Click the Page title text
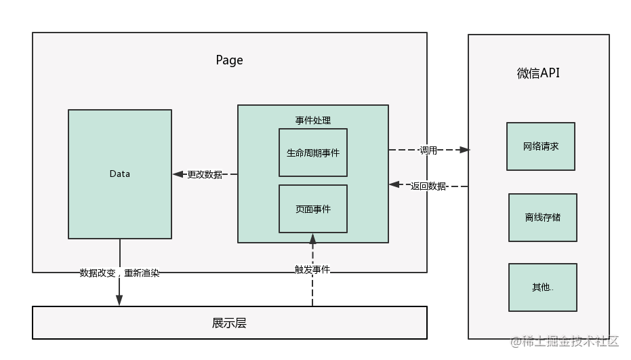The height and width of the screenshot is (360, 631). point(229,60)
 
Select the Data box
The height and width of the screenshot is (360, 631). point(120,174)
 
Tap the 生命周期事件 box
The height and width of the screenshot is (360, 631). point(313,153)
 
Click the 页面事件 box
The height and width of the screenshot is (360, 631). point(313,209)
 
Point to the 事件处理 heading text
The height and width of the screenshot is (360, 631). point(313,121)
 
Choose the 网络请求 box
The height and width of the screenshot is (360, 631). point(541,146)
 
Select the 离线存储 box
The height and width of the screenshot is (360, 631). point(543,218)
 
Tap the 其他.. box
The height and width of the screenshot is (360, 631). point(543,287)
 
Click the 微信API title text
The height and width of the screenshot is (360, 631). point(538,73)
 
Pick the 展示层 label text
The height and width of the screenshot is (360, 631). point(229,323)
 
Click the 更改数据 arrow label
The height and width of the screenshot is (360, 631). point(205,174)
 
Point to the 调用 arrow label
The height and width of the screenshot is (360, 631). point(428,151)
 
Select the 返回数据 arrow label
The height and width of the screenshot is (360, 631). point(428,186)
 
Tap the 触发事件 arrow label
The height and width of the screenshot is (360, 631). point(312,269)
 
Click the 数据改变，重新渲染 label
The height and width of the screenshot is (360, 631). point(119,273)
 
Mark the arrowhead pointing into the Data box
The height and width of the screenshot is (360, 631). point(178,174)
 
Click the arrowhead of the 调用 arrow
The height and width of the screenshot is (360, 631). point(464,150)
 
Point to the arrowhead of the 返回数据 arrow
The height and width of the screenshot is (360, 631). point(394,184)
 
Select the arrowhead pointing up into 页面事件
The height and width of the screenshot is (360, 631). point(312,239)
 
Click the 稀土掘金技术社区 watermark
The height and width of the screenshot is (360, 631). point(565,342)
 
